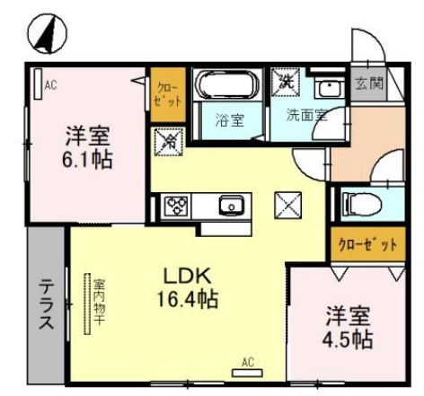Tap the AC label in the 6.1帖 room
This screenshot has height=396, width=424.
click(51, 85)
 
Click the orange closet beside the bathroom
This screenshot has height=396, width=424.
click(167, 95)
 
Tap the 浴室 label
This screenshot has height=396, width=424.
click(230, 120)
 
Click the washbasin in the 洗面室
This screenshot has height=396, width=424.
click(329, 88)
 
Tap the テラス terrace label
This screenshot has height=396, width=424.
click(44, 305)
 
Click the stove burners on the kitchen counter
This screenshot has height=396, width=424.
click(174, 206)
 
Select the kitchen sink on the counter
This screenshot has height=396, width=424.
click(231, 206)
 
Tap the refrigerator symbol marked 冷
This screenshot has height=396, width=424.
click(167, 141)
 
